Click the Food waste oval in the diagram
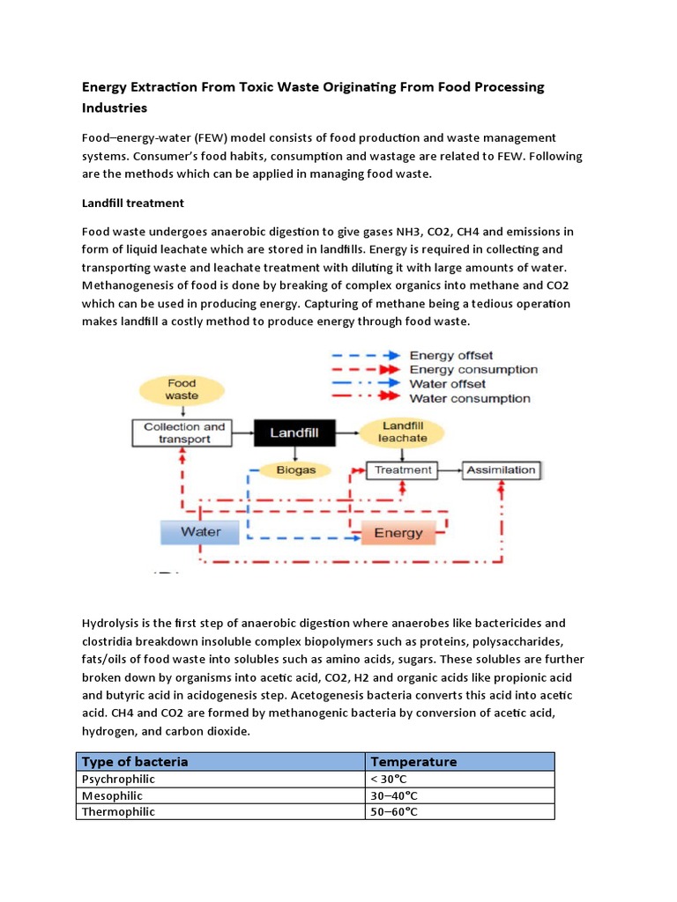(182, 389)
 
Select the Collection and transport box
(184, 433)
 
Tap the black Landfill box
(294, 433)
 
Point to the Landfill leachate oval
(403, 432)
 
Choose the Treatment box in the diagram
(403, 469)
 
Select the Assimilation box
(501, 469)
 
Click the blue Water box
(201, 532)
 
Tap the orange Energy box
(398, 533)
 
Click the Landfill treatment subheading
(133, 203)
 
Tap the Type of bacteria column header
(135, 761)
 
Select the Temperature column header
(413, 761)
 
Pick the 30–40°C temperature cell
(393, 795)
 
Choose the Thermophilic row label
(118, 811)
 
